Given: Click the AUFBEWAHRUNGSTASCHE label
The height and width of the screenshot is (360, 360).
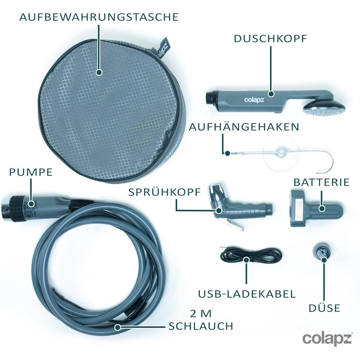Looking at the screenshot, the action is tap(99, 17).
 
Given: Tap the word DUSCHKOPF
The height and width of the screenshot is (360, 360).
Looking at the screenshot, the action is tap(271, 39).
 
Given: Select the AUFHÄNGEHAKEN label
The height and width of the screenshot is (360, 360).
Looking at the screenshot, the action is tap(244, 127).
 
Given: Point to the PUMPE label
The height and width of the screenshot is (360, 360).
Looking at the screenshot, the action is tap(31, 172).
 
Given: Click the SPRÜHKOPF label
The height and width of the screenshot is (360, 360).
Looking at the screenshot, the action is tap(165, 192).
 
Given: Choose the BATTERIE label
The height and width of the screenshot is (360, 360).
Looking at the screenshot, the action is tap(321, 182).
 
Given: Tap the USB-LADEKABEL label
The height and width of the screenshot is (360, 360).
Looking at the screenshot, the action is tap(247, 294).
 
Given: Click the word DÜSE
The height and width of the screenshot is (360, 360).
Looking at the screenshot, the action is tap(324, 308).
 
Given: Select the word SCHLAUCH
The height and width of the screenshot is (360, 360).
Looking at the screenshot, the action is tap(201, 326).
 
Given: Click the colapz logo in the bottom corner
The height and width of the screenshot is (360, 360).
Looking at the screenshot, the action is tap(327, 338).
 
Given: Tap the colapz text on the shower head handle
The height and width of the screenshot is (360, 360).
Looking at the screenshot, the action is tap(254, 100).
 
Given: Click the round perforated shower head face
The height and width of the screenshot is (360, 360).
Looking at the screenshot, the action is tap(325, 111).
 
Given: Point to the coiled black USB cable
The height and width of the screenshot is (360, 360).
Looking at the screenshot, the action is tap(251, 255).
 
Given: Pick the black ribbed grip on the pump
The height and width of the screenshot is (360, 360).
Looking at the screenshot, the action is tap(17, 208).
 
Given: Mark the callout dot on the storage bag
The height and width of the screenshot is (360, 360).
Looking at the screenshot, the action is tap(99, 73).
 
